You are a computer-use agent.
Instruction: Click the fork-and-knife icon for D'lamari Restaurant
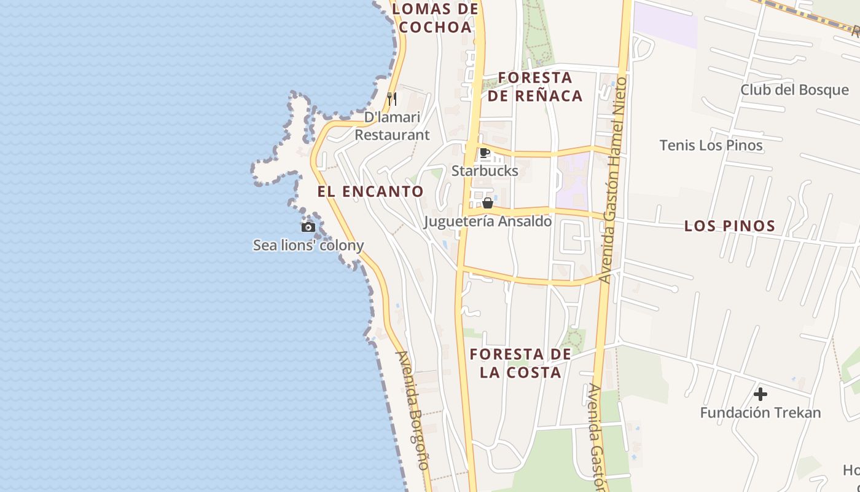391,98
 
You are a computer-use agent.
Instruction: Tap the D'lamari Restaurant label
392,126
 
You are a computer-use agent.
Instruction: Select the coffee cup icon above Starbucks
485,153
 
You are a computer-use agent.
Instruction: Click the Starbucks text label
485,171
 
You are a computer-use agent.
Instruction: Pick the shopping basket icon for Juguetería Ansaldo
488,203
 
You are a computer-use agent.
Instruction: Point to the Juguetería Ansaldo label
488,221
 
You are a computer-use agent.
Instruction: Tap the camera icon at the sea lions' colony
308,228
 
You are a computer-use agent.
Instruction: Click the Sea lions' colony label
308,245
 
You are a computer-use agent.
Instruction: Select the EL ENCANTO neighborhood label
370,191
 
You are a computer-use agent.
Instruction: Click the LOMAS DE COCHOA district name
435,18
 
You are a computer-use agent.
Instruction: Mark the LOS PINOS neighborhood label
730,226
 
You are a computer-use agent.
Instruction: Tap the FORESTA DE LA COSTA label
521,363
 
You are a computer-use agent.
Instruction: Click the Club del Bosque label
794,90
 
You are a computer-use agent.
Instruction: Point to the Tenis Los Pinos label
711,145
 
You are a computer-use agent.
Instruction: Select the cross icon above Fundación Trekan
760,394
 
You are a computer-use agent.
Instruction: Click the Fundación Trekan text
760,412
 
